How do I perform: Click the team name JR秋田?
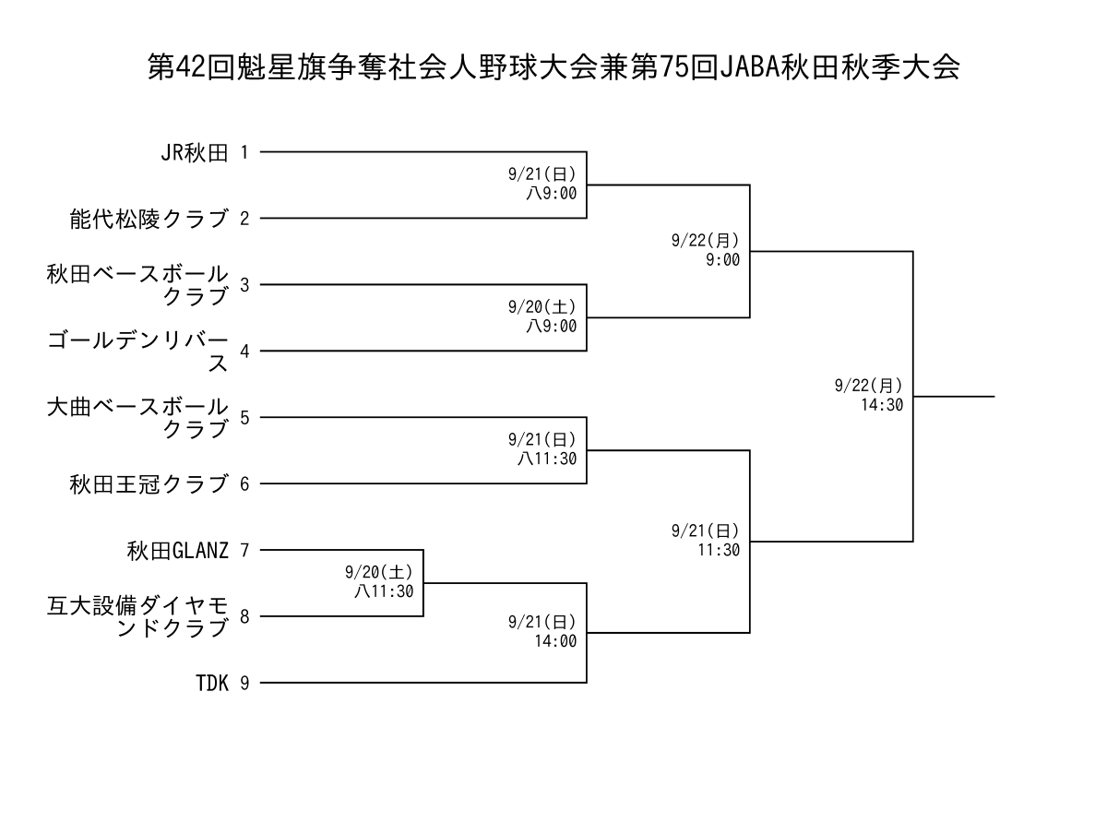[x=194, y=152]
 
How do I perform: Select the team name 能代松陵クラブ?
[x=149, y=219]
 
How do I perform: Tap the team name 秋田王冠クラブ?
[x=149, y=483]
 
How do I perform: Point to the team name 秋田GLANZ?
[x=177, y=550]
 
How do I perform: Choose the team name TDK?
[x=211, y=683]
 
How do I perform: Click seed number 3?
[x=244, y=285]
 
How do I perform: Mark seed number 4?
[x=244, y=352]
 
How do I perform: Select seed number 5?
[x=244, y=418]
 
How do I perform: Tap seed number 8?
[x=244, y=616]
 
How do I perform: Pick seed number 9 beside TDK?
[x=244, y=683]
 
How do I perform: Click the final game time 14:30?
[x=881, y=405]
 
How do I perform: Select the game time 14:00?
[x=555, y=641]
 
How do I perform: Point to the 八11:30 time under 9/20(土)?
[x=384, y=591]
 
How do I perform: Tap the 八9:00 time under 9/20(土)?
[x=551, y=326]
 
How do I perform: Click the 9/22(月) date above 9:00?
[x=705, y=241]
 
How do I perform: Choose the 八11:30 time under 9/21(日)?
[x=547, y=459]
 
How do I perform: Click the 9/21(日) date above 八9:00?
[x=542, y=174]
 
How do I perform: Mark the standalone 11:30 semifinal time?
[x=719, y=550]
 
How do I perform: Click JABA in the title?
[x=750, y=67]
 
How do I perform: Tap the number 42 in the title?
[x=191, y=67]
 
